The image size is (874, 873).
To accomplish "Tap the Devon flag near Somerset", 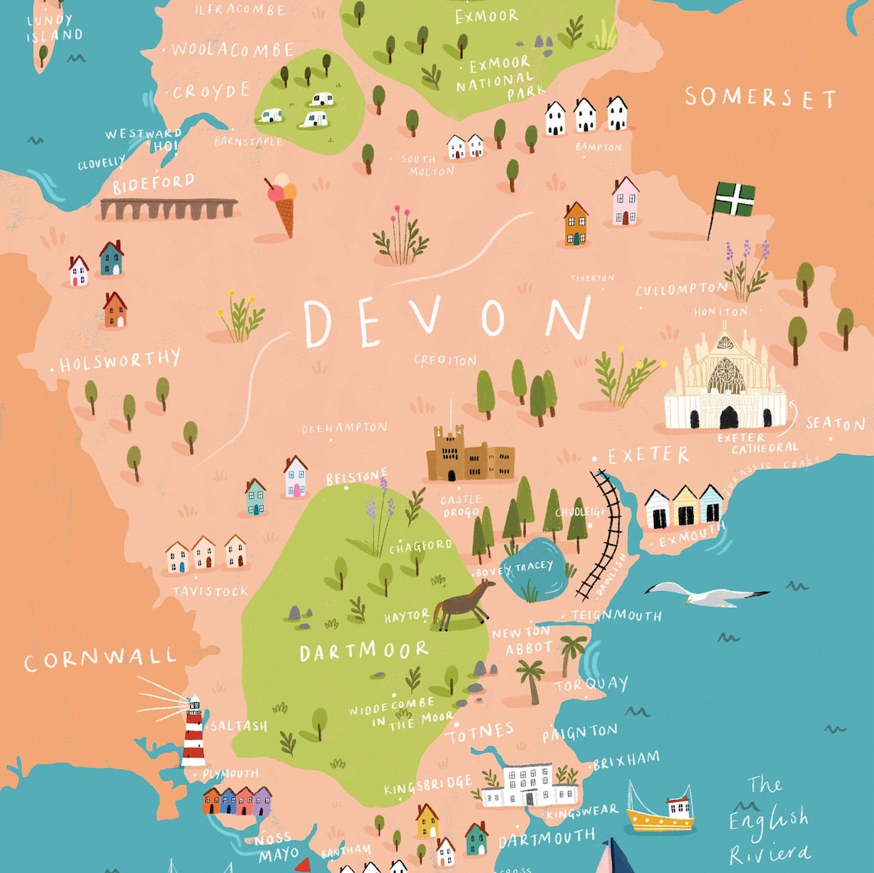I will [x=733, y=200].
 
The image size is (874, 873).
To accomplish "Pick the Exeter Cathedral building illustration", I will [x=724, y=383].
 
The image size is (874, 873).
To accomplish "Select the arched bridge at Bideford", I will [x=169, y=208].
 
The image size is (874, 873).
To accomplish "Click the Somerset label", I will [x=759, y=98].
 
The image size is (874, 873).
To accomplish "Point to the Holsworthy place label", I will [x=120, y=361].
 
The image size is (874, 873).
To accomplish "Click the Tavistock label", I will [x=211, y=592].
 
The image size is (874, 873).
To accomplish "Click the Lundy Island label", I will [x=54, y=28].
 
